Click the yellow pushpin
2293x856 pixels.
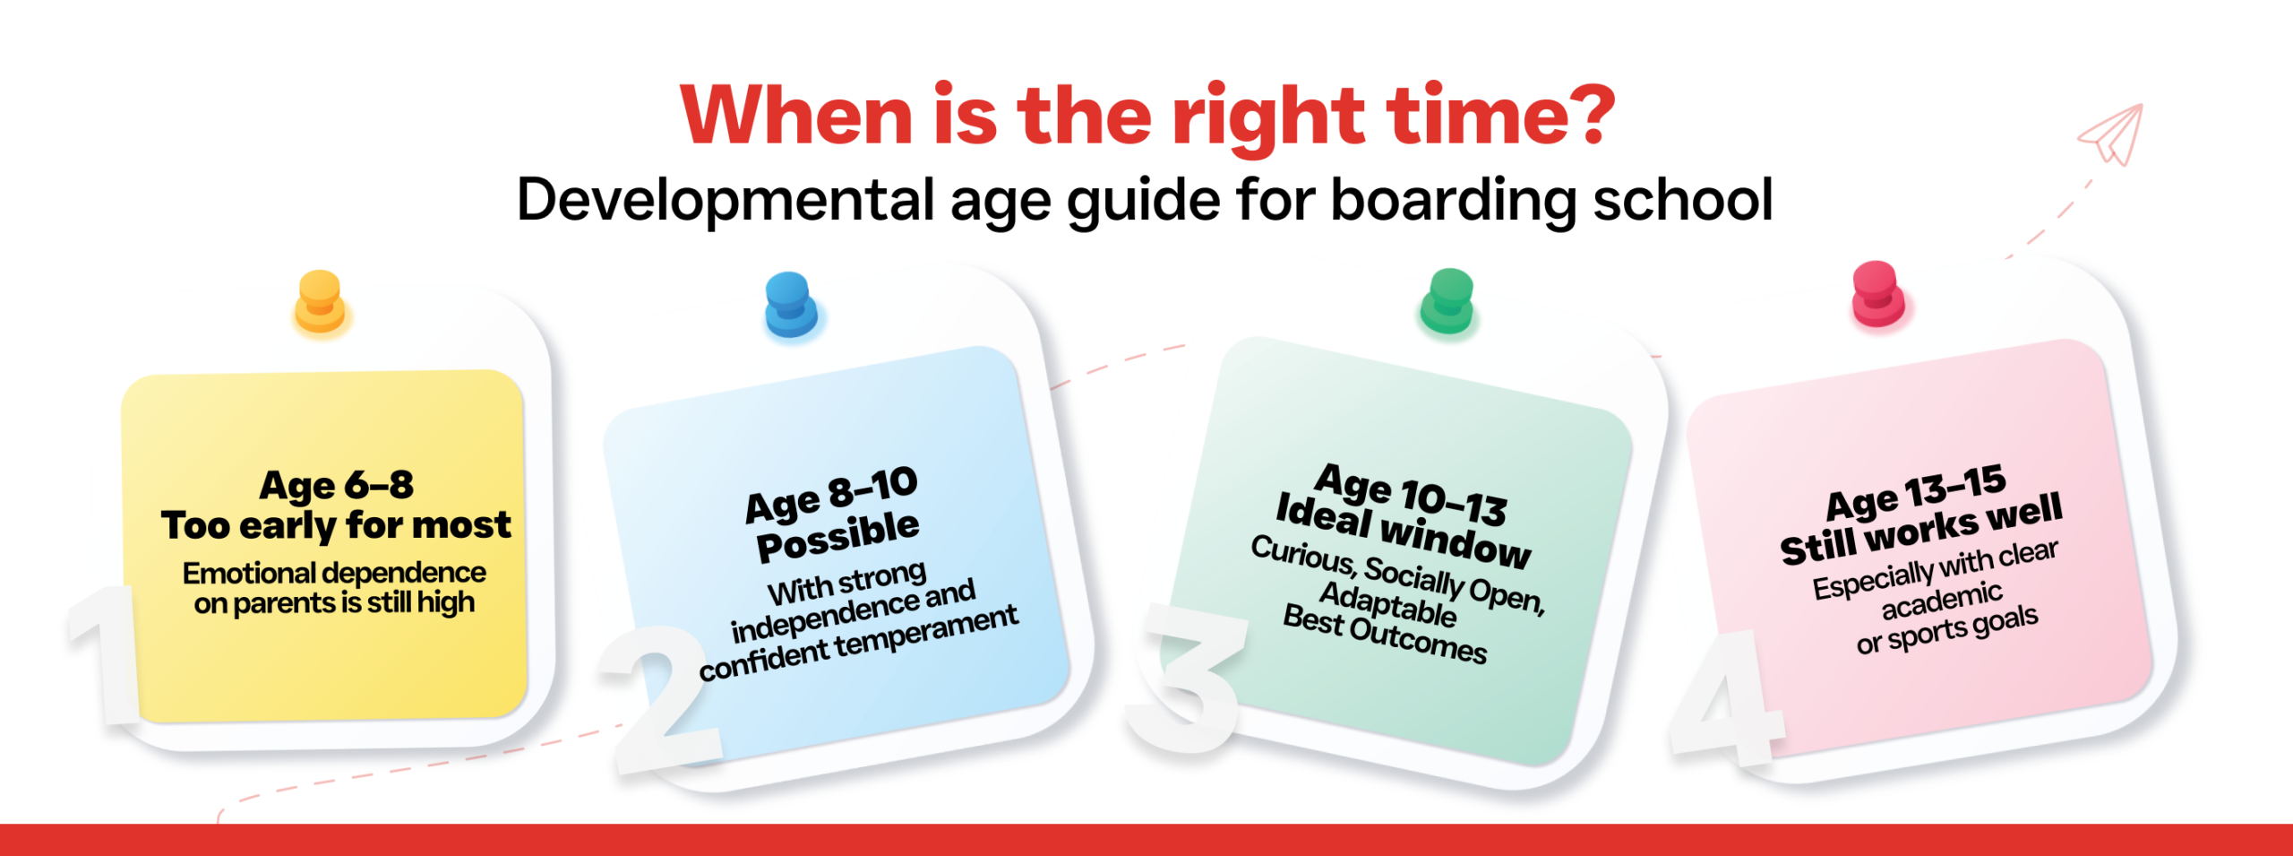pos(320,301)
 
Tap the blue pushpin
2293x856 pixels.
pos(790,304)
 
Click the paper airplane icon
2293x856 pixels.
pos(2112,134)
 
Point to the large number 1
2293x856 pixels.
pos(102,654)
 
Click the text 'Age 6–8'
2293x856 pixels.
pos(337,486)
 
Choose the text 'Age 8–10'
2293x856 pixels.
pos(832,495)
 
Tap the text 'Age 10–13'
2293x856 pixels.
pos(1411,494)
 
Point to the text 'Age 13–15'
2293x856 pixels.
pos(1916,492)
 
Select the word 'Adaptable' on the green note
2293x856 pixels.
pos(1388,604)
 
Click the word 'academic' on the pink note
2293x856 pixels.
pos(1942,600)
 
